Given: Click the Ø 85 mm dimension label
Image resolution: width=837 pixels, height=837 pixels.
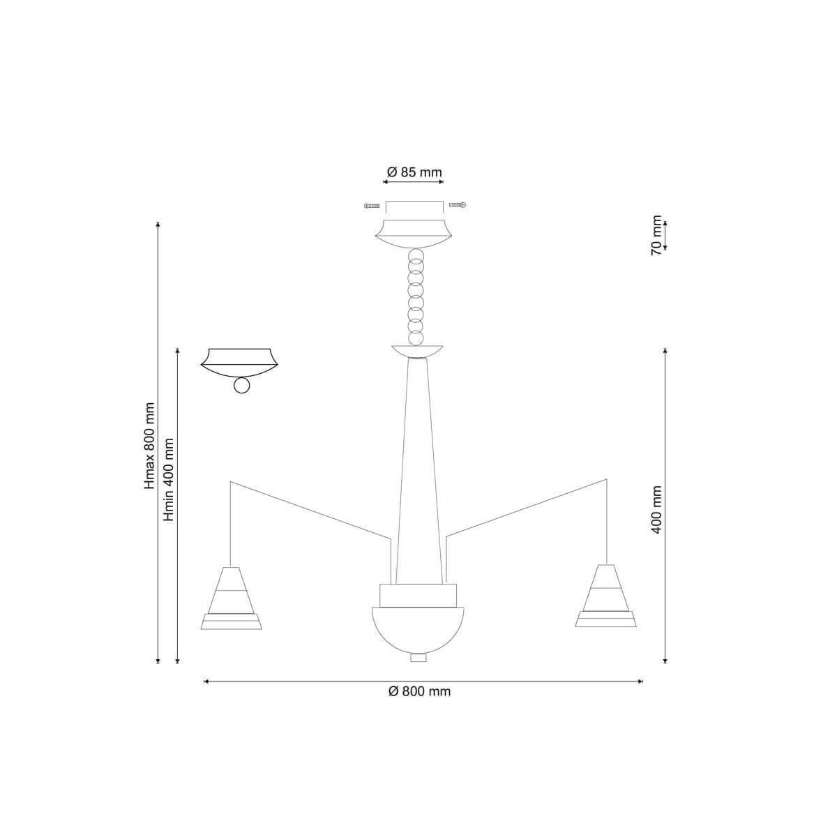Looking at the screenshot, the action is (414, 172).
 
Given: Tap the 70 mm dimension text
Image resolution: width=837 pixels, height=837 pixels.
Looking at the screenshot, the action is (657, 235).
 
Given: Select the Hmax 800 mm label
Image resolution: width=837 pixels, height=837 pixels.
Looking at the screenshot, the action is (149, 446).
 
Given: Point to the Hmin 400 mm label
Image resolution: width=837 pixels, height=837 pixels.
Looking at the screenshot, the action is (169, 479).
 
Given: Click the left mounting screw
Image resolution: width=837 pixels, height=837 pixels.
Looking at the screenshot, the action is (372, 206).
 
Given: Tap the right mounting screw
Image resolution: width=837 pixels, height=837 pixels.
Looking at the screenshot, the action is (458, 204).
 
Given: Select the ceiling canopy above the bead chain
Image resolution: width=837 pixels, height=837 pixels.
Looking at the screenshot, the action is (414, 234).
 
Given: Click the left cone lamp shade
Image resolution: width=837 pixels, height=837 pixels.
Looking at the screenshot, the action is (231, 598).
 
